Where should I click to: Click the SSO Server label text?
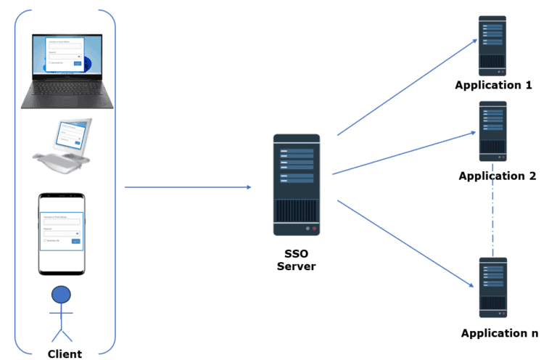(296, 261)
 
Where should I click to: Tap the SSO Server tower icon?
(297, 184)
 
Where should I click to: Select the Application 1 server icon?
(492, 46)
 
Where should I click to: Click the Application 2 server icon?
(492, 131)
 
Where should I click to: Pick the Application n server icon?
(492, 287)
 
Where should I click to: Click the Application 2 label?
(497, 176)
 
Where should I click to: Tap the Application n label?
(500, 333)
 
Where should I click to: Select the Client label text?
(65, 354)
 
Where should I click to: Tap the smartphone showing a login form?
(62, 233)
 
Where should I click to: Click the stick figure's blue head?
(62, 294)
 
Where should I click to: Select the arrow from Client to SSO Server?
(187, 187)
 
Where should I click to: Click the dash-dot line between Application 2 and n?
(493, 218)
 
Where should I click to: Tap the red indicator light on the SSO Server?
(314, 229)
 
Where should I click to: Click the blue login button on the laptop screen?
(78, 63)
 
